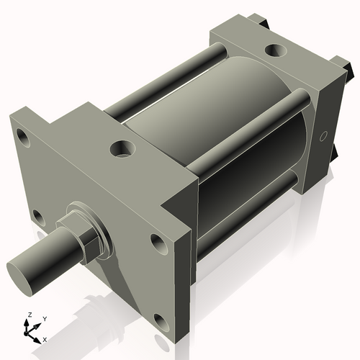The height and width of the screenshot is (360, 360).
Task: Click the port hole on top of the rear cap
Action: pos(274,50)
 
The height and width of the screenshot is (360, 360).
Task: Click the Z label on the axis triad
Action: pos(30,314)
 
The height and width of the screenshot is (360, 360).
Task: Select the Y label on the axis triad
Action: pos(44,318)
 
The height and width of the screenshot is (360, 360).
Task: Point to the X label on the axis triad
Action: pos(45,338)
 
